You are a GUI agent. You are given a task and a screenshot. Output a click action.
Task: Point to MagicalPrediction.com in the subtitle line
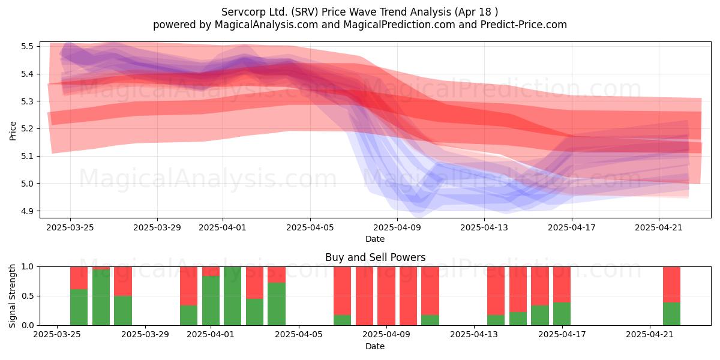pyautogui.click(x=399, y=25)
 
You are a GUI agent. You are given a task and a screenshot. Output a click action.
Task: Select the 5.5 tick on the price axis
pyautogui.click(x=27, y=46)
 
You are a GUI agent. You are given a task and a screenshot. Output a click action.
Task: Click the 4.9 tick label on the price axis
pyautogui.click(x=27, y=211)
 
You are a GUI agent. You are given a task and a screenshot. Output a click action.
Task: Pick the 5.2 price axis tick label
pyautogui.click(x=27, y=129)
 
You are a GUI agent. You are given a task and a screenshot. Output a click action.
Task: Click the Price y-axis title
pyautogui.click(x=13, y=131)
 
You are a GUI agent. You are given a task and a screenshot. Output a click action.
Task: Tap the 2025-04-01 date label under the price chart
pyautogui.click(x=223, y=227)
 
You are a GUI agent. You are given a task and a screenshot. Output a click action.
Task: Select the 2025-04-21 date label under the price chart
pyautogui.click(x=659, y=227)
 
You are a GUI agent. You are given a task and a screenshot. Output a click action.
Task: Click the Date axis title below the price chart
pyautogui.click(x=375, y=239)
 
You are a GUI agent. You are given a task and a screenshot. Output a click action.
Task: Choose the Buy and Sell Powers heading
pyautogui.click(x=375, y=257)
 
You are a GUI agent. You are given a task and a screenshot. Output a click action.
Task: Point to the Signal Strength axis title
pyautogui.click(x=12, y=296)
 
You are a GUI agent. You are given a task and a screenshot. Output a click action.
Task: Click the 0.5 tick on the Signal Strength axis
pyautogui.click(x=27, y=296)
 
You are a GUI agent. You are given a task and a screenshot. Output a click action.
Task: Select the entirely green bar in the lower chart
pyautogui.click(x=232, y=296)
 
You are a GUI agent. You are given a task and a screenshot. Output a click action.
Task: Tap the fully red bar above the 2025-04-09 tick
pyautogui.click(x=386, y=296)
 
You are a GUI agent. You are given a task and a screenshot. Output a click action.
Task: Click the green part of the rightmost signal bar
pyautogui.click(x=671, y=314)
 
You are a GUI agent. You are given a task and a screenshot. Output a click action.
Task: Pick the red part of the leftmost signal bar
pyautogui.click(x=79, y=278)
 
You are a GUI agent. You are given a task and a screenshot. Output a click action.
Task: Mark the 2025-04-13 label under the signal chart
pyautogui.click(x=474, y=334)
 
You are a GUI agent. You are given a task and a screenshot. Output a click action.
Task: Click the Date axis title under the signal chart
pyautogui.click(x=375, y=346)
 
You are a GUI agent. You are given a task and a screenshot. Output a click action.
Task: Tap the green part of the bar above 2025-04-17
pyautogui.click(x=562, y=314)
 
